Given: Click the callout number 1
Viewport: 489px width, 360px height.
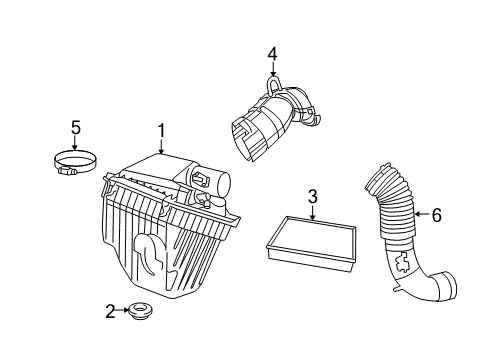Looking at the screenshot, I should pyautogui.click(x=160, y=130).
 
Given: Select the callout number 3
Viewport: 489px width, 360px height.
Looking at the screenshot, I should pyautogui.click(x=312, y=198).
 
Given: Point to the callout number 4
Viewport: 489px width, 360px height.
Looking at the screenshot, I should pyautogui.click(x=270, y=53).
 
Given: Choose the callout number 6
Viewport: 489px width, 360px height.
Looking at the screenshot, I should pyautogui.click(x=437, y=213).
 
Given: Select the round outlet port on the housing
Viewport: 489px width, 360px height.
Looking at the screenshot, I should pyautogui.click(x=222, y=183).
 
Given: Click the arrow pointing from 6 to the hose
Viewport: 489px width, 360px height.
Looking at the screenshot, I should pyautogui.click(x=422, y=213).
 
